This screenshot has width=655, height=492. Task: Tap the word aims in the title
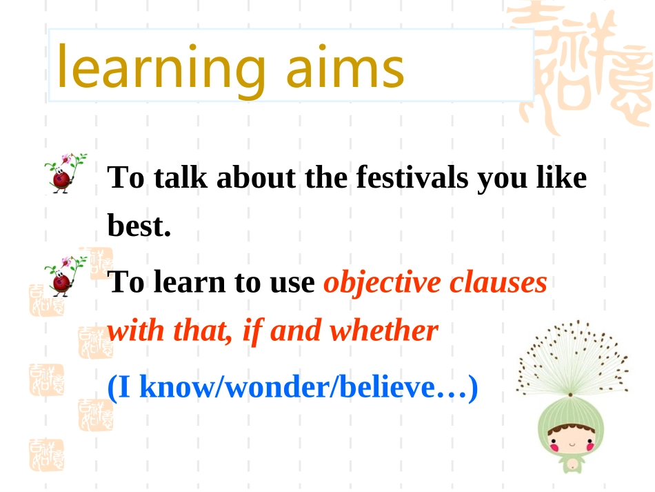(345, 66)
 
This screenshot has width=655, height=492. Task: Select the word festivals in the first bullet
(412, 177)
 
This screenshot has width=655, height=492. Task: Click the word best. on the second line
(139, 226)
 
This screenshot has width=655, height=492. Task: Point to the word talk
(181, 177)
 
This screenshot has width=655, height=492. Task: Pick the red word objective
(382, 283)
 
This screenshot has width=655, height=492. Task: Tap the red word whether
(384, 331)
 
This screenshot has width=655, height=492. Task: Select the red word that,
(203, 331)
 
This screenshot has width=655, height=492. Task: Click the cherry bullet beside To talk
(65, 173)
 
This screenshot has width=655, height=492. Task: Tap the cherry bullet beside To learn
(65, 276)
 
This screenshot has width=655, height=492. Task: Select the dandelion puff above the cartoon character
(572, 358)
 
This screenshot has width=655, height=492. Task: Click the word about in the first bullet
(256, 177)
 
